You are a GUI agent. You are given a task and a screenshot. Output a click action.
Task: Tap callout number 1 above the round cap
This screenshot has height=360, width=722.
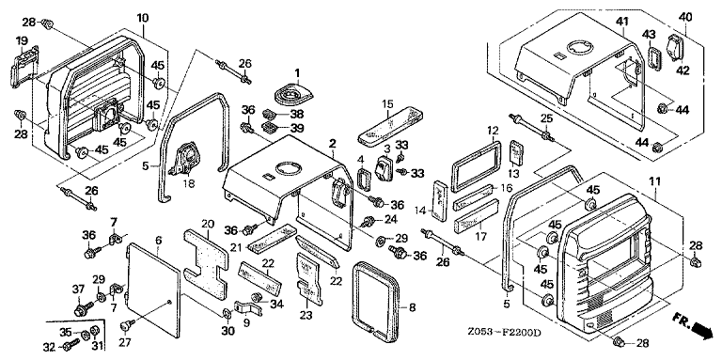297,72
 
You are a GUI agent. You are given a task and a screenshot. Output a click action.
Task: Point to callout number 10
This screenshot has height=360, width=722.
143,18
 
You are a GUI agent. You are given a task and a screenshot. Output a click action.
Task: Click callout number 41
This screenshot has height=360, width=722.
623,21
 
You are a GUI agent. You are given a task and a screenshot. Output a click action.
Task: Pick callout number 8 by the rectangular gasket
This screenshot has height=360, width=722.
412,307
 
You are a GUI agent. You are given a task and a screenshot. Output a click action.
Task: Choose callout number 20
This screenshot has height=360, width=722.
208,224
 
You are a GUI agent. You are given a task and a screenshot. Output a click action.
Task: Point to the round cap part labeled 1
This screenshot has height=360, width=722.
293,95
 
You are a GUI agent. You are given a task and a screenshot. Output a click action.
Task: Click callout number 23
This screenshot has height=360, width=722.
306,315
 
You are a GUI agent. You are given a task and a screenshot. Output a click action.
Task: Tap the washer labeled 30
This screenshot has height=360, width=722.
227,314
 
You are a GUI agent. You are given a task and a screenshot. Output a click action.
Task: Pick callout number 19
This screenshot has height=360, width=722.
22,41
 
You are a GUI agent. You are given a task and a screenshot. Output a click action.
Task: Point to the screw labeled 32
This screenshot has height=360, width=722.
71,344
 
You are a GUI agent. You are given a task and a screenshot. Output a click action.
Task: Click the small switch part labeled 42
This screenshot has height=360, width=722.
677,48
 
